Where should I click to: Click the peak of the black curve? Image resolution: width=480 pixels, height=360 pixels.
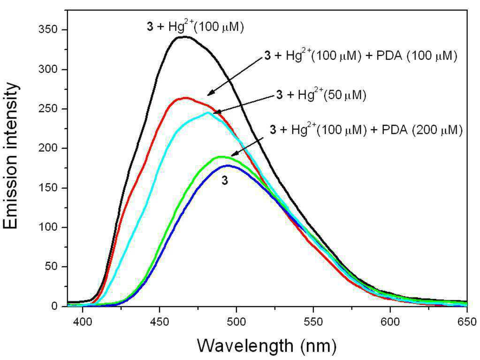tap(185, 37)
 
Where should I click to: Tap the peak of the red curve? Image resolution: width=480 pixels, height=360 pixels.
tap(185, 98)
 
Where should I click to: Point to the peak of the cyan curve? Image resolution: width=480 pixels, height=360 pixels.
tap(208, 112)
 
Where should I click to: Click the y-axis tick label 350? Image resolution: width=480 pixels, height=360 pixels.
tap(48, 30)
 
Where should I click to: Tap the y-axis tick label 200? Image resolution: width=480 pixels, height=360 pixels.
tap(48, 148)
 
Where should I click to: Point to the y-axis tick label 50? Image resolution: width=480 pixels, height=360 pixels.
tap(52, 267)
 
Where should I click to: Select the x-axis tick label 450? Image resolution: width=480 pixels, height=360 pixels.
tap(160, 322)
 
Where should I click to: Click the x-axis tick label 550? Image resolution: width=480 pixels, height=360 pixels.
tap(313, 322)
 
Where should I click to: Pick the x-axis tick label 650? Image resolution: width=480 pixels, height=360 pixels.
tap(467, 322)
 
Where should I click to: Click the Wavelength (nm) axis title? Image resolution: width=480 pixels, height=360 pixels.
tap(267, 346)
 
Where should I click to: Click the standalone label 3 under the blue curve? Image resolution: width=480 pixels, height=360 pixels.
tap(225, 181)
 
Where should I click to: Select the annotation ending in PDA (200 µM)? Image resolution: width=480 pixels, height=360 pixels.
tap(366, 130)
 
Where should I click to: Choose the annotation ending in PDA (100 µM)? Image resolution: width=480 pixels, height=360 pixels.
tap(361, 55)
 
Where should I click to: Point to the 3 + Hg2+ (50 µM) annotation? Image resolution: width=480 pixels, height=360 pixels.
tap(321, 95)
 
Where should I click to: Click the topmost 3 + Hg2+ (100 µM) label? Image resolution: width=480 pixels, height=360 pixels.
tap(195, 27)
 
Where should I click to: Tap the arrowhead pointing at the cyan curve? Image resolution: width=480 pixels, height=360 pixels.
tap(216, 112)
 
